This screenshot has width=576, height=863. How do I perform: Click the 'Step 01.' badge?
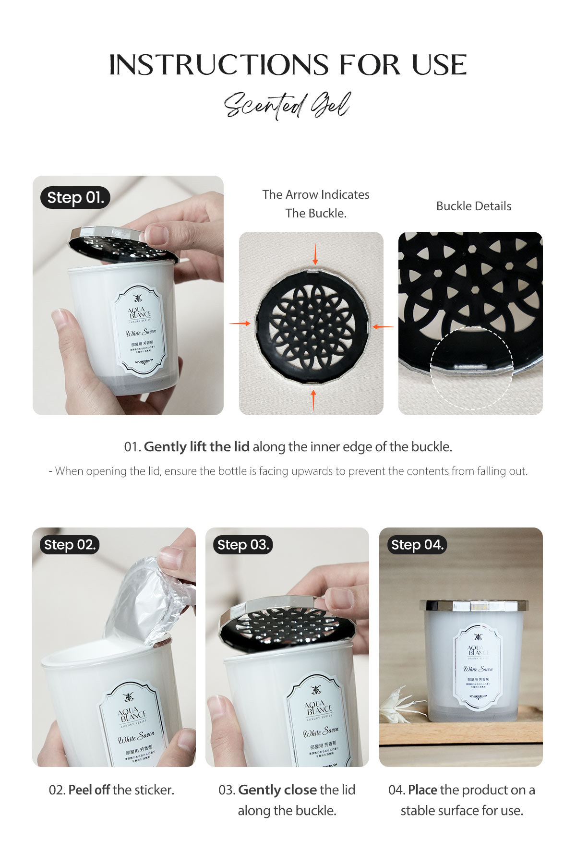pyautogui.click(x=75, y=198)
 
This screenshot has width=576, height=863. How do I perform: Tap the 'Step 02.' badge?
pyautogui.click(x=70, y=545)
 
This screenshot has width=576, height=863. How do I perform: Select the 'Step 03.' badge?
pyautogui.click(x=243, y=545)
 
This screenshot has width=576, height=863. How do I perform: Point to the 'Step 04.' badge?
pyautogui.click(x=417, y=545)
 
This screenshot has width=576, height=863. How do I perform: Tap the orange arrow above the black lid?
pyautogui.click(x=315, y=253)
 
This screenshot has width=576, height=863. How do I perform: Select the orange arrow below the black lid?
pyautogui.click(x=313, y=400)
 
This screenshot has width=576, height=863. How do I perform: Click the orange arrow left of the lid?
pyautogui.click(x=240, y=324)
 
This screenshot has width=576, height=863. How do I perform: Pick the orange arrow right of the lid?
pyautogui.click(x=383, y=326)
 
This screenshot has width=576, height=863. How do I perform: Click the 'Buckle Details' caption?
pyautogui.click(x=474, y=206)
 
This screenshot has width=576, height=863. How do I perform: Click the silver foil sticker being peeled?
pyautogui.click(x=144, y=600)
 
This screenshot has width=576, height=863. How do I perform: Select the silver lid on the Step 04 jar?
pyautogui.click(x=473, y=605)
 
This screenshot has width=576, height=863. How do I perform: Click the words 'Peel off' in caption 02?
pyautogui.click(x=89, y=790)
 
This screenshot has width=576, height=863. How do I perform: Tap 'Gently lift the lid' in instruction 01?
pyautogui.click(x=197, y=447)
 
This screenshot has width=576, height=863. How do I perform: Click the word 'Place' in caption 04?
pyautogui.click(x=422, y=790)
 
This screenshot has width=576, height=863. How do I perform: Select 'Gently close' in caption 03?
pyautogui.click(x=277, y=790)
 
